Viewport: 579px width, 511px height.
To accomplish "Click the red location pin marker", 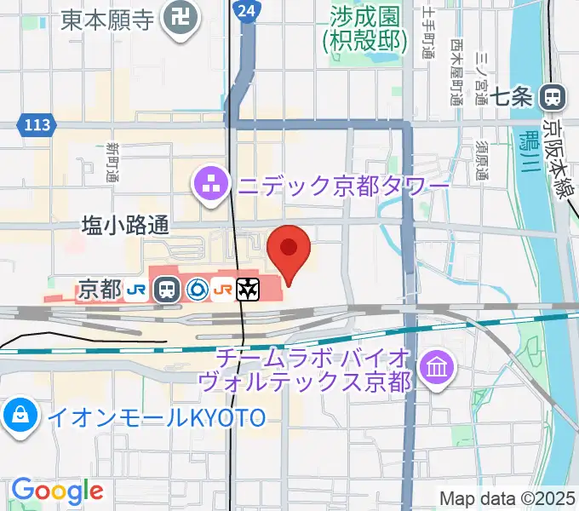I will tap(289, 248).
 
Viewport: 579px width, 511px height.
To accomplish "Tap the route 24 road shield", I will tap(246, 11).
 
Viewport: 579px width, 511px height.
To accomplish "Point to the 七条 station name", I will tap(513, 97).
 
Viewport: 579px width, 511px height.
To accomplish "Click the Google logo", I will tap(57, 491).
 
